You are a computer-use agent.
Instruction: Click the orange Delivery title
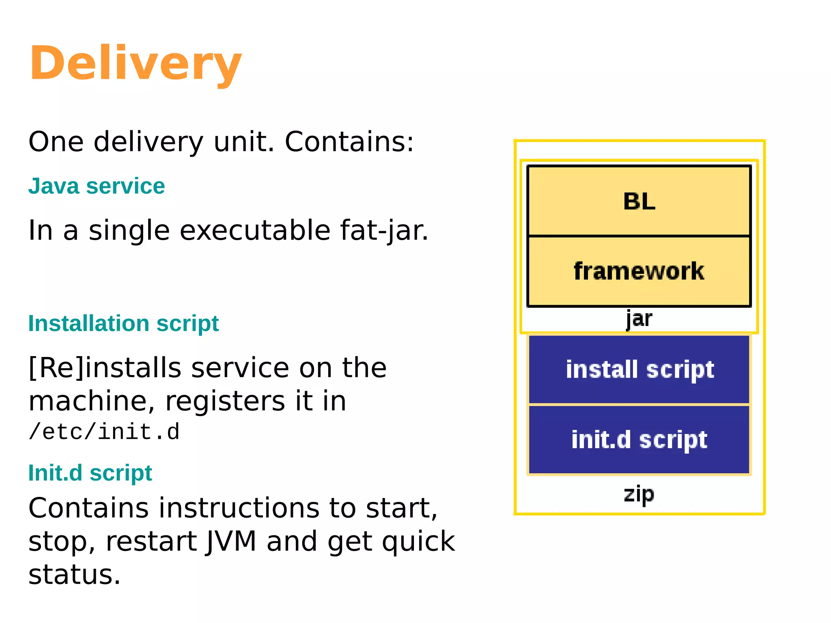click(136, 64)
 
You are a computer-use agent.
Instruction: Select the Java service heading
click(97, 186)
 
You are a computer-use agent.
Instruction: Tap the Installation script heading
click(123, 323)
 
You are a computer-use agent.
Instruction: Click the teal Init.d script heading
click(90, 473)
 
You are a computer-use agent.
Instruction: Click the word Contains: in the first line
click(349, 142)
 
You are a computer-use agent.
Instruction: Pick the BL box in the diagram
click(639, 201)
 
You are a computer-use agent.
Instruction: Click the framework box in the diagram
click(639, 271)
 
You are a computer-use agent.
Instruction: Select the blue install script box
click(639, 370)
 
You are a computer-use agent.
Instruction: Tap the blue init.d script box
click(639, 440)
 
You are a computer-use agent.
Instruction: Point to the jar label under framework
click(639, 319)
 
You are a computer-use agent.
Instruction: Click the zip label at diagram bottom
click(639, 494)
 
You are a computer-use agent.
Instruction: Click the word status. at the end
click(75, 575)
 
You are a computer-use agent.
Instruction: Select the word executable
click(255, 230)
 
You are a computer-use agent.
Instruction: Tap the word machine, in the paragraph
click(92, 401)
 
